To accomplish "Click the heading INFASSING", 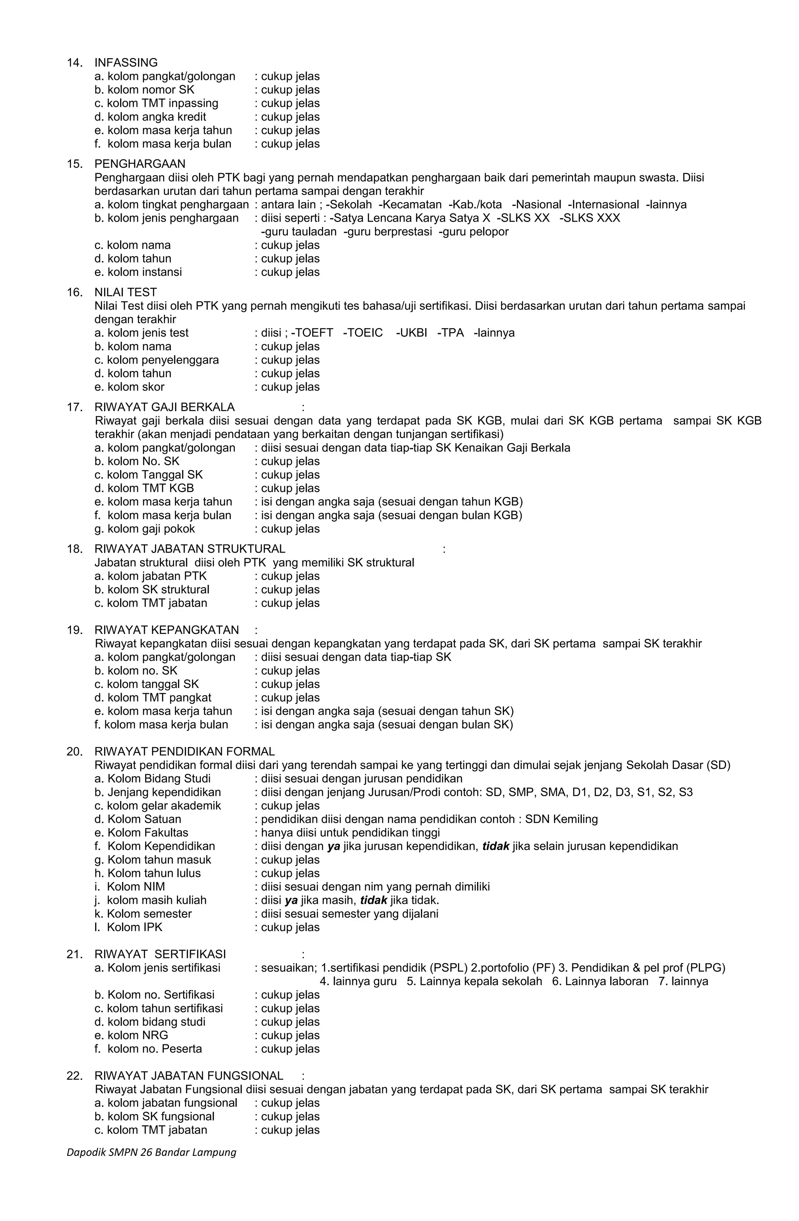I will click(126, 62).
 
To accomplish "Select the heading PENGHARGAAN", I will click(140, 164).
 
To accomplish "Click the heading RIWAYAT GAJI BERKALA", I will click(164, 407).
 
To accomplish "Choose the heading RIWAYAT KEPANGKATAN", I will click(166, 630).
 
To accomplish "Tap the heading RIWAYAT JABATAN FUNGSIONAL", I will click(188, 1075).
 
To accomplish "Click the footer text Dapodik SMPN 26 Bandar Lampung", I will click(151, 1152).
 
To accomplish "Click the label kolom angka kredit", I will click(150, 117).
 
